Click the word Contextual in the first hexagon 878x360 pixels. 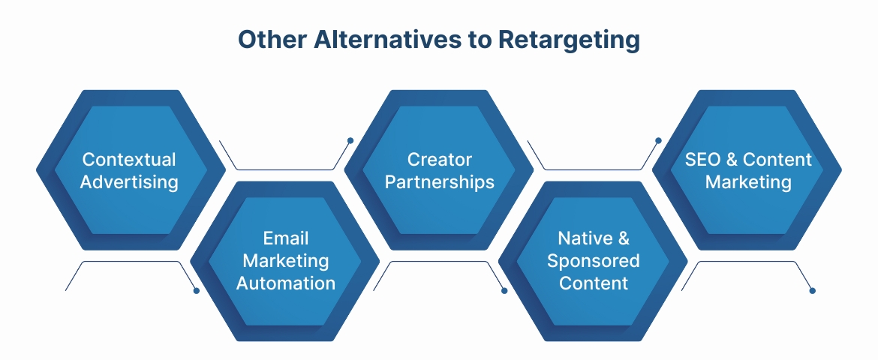coord(129,160)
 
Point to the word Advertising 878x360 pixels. coord(129,181)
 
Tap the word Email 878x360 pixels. coord(286,238)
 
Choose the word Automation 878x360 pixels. coord(286,283)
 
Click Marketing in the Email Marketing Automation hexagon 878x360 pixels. coord(286,260)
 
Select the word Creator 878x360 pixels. coord(440,160)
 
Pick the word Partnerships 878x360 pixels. coord(440,181)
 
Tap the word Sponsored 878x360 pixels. coord(594,260)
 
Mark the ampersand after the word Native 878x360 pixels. coord(624,238)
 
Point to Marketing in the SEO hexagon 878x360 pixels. coord(748,181)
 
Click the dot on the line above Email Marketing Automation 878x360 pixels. coord(350,140)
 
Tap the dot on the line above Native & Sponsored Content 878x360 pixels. coord(658,140)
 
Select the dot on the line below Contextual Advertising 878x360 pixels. coord(197,290)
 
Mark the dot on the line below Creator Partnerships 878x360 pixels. coord(504,290)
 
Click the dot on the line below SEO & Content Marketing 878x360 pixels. coord(813,290)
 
